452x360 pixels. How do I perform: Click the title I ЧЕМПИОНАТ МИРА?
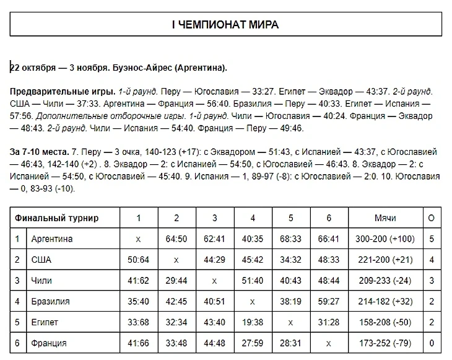[x=225, y=25]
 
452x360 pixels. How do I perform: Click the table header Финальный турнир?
[x=57, y=218]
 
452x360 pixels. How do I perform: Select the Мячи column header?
[x=385, y=218]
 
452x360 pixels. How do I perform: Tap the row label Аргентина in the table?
[x=52, y=239]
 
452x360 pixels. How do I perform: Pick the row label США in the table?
[x=41, y=260]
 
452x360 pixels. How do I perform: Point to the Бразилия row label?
[x=50, y=302]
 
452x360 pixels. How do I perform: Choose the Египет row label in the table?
[x=45, y=322]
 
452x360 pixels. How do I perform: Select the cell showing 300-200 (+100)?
[x=385, y=239]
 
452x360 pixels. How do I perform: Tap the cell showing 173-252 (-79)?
[x=385, y=343]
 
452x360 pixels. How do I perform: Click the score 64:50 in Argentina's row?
[x=176, y=239]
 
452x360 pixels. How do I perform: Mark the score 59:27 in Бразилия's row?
[x=329, y=302]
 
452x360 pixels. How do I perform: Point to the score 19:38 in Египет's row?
[x=253, y=322]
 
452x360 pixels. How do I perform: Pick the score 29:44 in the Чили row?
[x=176, y=281]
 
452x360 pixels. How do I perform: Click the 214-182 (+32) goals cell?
[x=385, y=302]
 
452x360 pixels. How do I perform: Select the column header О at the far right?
[x=431, y=218]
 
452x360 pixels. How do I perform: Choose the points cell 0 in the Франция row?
[x=431, y=343]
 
